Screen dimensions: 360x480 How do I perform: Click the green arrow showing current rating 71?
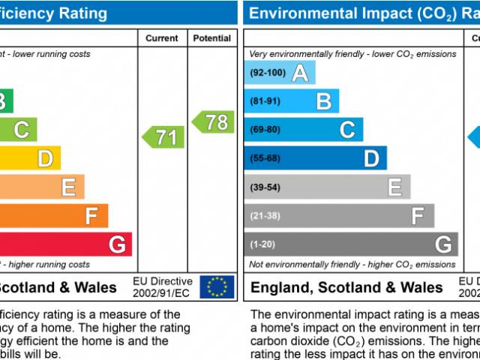163,137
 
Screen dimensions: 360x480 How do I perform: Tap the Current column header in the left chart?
162,38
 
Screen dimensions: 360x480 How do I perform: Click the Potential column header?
212,38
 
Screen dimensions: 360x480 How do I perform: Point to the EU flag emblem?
217,286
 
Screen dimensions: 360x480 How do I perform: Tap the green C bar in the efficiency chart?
18,130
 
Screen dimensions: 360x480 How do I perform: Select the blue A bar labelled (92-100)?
280,73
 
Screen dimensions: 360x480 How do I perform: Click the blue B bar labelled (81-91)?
292,101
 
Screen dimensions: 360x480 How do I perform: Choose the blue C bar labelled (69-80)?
304,130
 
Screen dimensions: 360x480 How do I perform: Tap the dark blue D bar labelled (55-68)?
315,158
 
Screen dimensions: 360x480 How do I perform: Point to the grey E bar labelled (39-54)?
327,187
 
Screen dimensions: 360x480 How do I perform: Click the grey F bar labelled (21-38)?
339,216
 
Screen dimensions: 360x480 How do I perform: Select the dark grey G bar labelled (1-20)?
351,244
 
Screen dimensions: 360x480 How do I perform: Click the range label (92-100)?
268,73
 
